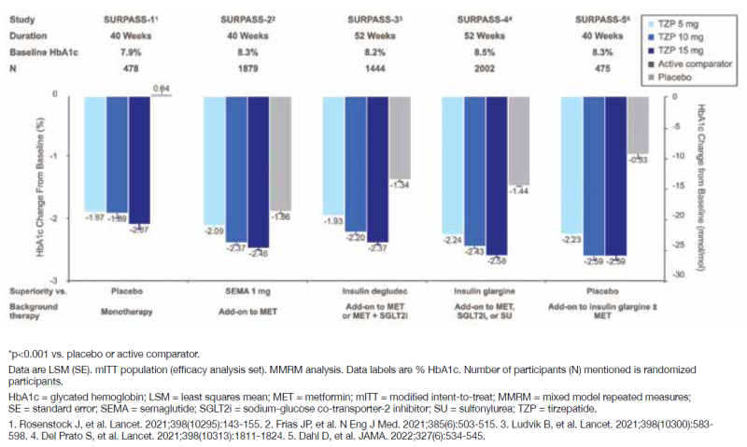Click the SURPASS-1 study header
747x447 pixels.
coord(129,20)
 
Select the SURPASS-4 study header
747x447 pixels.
coord(486,20)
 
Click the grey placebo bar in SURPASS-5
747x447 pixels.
coord(639,124)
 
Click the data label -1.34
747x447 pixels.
coord(400,184)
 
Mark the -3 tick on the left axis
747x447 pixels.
coord(57,280)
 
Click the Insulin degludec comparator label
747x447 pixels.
coord(367,289)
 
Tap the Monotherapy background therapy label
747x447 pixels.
coord(129,304)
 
